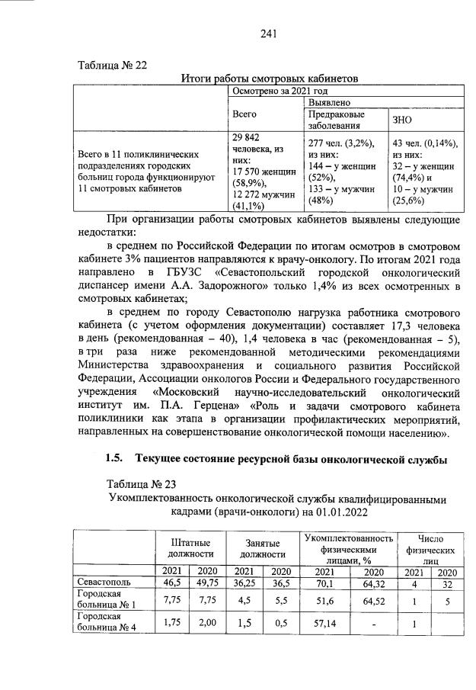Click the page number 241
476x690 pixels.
[x=267, y=33]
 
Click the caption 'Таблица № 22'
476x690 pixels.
[x=112, y=65]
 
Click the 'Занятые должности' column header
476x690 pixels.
[x=262, y=547]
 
